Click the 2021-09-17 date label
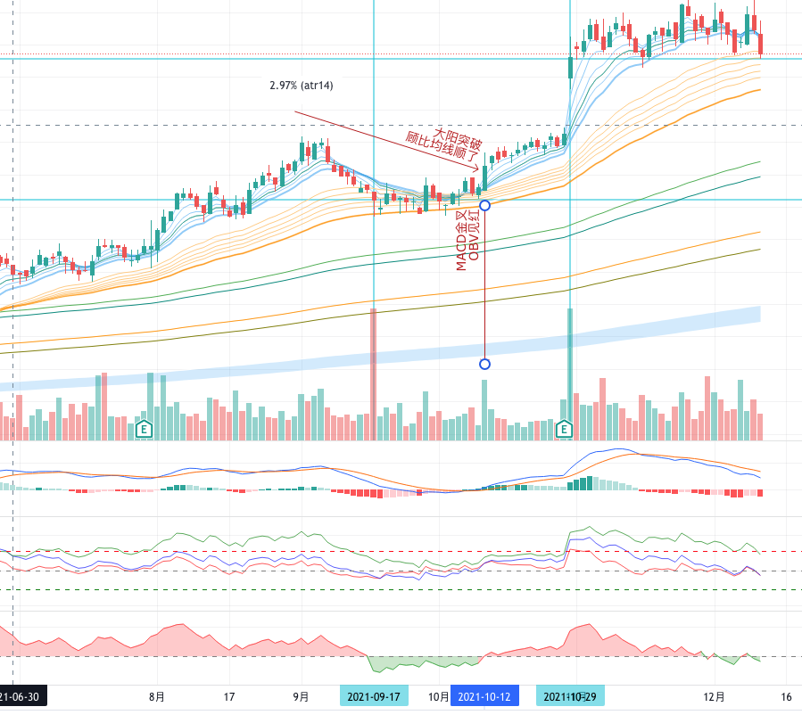pyautogui.click(x=374, y=696)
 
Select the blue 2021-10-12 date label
pyautogui.click(x=484, y=696)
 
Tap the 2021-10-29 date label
pyautogui.click(x=570, y=696)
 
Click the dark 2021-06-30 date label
pyautogui.click(x=22, y=696)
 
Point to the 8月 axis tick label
pyautogui.click(x=157, y=696)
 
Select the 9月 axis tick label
pyautogui.click(x=302, y=696)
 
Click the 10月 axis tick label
pyautogui.click(x=437, y=696)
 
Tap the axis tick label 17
pyautogui.click(x=228, y=696)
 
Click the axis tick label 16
pyautogui.click(x=786, y=696)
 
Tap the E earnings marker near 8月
pyautogui.click(x=144, y=429)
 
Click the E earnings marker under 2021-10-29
pyautogui.click(x=564, y=430)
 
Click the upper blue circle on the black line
pyautogui.click(x=484, y=205)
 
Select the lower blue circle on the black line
pyautogui.click(x=484, y=364)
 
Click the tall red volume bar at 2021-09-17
pyautogui.click(x=374, y=374)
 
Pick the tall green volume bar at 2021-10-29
pyautogui.click(x=570, y=374)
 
